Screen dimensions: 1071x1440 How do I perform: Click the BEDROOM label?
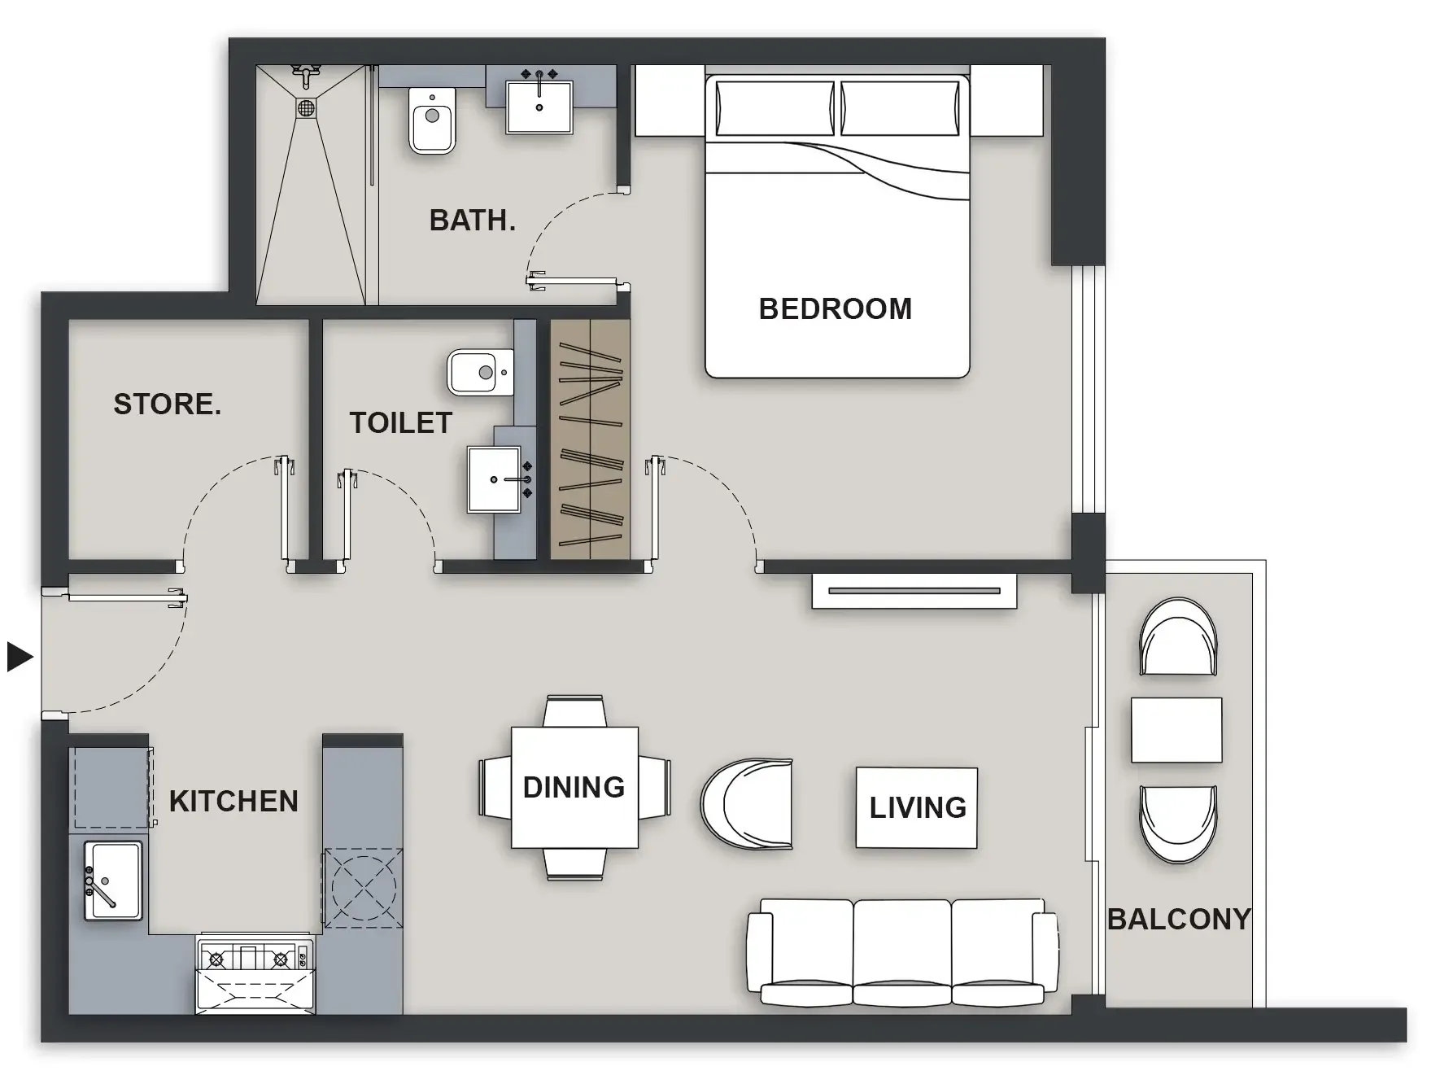835,309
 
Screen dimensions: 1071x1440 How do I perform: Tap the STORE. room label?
167,404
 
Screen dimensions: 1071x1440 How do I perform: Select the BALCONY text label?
1178,920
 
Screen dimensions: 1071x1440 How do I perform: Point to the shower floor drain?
306,107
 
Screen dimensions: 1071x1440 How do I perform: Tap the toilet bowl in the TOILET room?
480,373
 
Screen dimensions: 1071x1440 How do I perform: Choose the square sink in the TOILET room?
495,479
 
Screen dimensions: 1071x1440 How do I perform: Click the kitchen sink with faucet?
112,881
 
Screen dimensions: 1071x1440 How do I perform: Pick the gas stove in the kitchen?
255,958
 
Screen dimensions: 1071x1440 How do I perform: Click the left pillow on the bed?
774,108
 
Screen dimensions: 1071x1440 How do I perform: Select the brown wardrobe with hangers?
590,439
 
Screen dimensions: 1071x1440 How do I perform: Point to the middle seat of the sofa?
901,948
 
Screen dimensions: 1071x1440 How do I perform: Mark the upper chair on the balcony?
1178,637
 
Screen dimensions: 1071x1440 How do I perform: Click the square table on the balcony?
1176,729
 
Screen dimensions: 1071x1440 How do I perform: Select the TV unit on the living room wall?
914,591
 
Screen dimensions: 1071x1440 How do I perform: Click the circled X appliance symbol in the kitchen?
363,887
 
